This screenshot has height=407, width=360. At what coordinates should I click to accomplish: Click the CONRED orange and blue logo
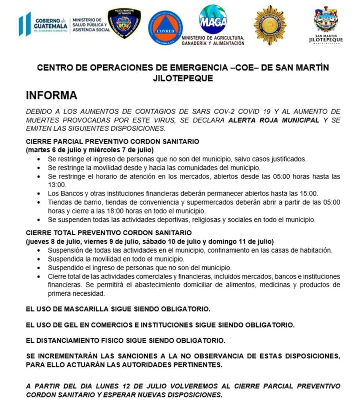tap(165, 28)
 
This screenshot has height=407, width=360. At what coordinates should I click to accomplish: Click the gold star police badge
tap(270, 25)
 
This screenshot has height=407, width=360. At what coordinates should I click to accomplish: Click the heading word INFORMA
tap(52, 96)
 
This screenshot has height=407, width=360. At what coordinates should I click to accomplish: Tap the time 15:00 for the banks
tap(309, 194)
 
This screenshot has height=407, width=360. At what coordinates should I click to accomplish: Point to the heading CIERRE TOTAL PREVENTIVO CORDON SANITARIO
tap(109, 233)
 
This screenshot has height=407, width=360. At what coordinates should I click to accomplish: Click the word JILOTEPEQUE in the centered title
tap(183, 79)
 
